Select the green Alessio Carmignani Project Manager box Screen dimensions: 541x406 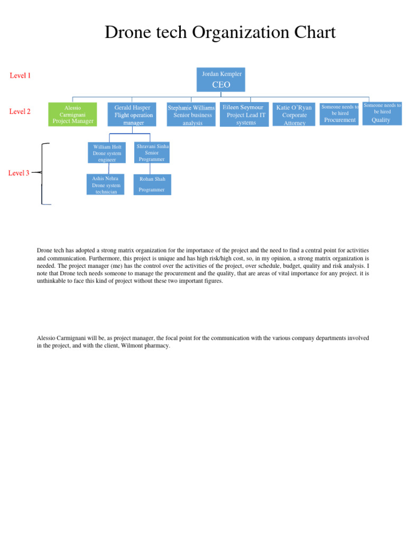72,114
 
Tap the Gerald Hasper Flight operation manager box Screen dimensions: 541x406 133,115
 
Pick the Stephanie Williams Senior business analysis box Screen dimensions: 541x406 191,115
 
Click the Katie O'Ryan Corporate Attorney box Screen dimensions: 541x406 294,115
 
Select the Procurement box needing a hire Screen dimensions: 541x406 340,114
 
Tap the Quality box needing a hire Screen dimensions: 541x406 382,114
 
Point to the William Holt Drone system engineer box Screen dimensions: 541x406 107,153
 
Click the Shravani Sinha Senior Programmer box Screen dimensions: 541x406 152,152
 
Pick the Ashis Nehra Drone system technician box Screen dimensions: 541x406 106,185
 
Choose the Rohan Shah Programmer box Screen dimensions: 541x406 152,184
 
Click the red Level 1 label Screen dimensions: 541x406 21,76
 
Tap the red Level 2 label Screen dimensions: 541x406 21,111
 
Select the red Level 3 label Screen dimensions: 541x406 19,173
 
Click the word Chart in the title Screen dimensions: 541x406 315,33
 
